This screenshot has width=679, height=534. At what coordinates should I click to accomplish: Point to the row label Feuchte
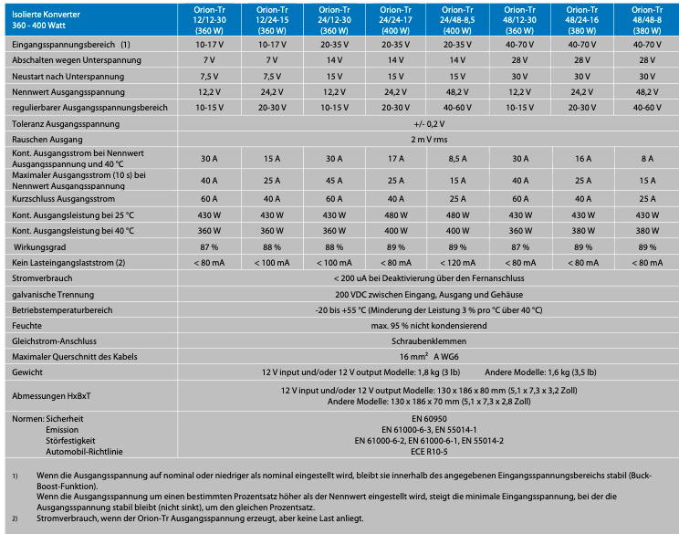tap(26, 325)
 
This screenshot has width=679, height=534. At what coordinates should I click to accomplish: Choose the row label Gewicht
tap(27, 372)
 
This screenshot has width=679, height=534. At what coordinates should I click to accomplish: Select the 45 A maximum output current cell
tap(334, 179)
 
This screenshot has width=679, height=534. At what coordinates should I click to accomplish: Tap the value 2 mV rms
tap(428, 139)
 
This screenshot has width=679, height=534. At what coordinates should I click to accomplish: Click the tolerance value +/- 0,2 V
tap(428, 123)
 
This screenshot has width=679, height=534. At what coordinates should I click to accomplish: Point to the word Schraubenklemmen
tap(428, 340)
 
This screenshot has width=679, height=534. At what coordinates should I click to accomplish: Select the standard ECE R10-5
tap(428, 451)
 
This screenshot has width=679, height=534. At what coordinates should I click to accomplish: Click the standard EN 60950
tap(428, 416)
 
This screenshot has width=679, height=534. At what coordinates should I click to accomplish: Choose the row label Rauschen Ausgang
tap(47, 139)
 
